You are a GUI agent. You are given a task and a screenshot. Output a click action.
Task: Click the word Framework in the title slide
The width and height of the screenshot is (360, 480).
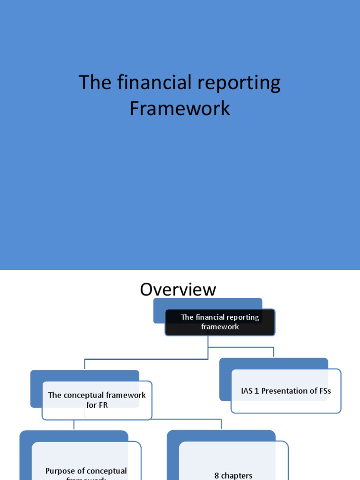click(180, 108)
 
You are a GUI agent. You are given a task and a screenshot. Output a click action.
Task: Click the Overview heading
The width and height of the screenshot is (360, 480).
click(178, 290)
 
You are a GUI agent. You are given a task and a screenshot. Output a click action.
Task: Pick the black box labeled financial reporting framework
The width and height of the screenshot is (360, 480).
click(220, 322)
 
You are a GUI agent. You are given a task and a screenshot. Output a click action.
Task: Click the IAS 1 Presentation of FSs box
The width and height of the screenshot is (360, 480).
click(286, 391)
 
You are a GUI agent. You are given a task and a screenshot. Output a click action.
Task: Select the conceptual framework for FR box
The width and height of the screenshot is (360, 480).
click(97, 400)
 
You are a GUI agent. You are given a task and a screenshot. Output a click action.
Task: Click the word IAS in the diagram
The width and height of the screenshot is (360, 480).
click(247, 391)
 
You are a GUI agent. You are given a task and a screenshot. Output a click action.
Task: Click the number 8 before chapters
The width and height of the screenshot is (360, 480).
click(217, 475)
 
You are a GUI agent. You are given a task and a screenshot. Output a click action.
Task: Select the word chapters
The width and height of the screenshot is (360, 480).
click(237, 475)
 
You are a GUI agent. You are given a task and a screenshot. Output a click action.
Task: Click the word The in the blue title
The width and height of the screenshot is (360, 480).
click(90, 83)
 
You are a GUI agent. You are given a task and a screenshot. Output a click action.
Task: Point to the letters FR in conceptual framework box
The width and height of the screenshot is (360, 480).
click(103, 405)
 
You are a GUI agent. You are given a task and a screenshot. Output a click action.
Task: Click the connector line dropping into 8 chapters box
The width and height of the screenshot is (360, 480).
click(221, 424)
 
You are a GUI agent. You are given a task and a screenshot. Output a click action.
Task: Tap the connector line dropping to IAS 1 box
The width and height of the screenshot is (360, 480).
click(274, 352)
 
